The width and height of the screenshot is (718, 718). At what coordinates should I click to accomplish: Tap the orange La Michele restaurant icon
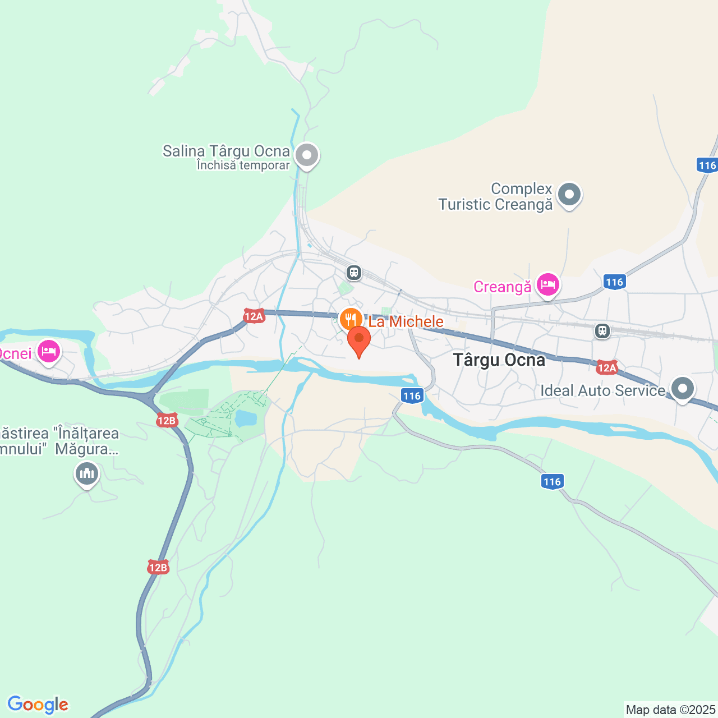350,319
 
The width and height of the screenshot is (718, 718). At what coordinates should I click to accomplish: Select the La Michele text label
406,321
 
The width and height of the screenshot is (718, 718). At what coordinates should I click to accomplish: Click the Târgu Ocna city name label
499,360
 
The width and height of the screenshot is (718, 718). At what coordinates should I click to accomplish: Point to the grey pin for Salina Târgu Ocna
307,155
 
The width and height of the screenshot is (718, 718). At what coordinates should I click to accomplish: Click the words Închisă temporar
243,165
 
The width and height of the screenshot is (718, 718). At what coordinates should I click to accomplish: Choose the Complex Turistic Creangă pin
570,195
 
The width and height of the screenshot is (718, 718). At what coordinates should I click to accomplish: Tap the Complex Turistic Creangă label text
496,196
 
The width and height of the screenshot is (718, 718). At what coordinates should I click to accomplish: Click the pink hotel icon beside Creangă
547,285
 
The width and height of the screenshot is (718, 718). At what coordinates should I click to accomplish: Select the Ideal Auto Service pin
683,388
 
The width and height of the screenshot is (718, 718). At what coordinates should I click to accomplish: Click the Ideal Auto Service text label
602,390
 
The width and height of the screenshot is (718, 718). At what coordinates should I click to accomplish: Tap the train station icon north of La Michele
353,273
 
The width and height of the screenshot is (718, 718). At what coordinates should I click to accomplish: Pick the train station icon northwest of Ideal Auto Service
602,331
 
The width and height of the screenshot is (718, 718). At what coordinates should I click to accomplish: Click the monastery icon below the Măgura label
87,474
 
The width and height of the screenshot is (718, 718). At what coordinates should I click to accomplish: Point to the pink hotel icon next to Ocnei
49,352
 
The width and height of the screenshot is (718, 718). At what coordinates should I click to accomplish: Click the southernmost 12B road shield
158,568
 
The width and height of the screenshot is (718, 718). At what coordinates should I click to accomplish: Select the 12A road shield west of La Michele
254,316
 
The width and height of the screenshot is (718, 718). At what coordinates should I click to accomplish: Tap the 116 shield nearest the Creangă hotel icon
615,282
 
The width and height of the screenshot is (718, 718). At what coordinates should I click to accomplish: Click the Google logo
38,705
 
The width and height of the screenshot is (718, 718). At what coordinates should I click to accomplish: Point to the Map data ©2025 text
671,710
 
